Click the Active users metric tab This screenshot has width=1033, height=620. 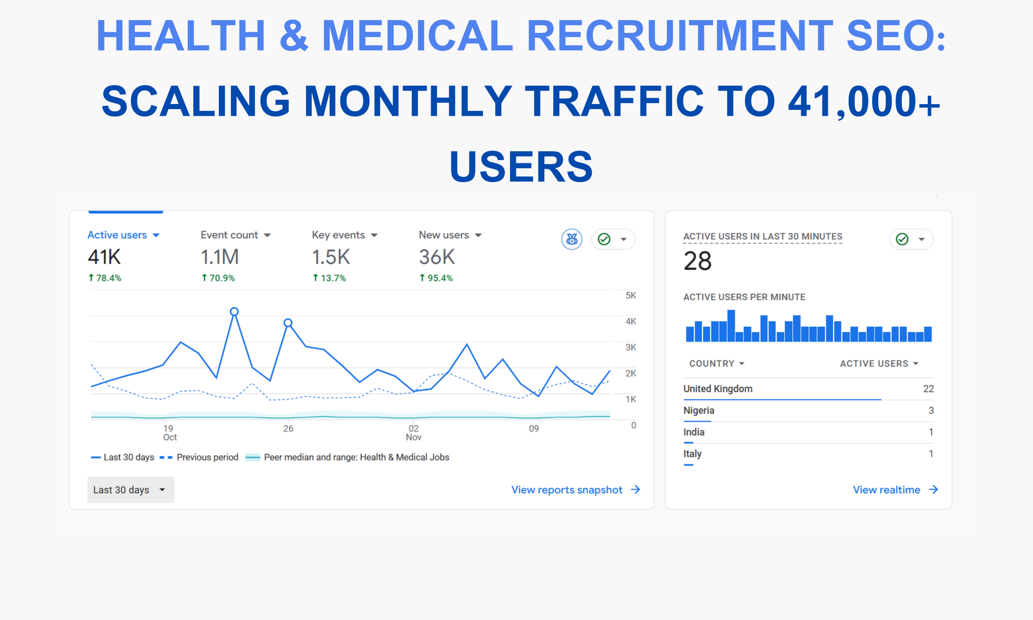[123, 235]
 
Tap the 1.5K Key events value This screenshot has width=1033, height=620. [331, 257]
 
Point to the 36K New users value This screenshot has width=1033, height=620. [436, 257]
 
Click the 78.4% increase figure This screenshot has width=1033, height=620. [105, 278]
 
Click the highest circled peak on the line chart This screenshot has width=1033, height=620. [234, 311]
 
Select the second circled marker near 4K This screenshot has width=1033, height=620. [288, 322]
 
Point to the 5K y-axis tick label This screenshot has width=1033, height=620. [631, 295]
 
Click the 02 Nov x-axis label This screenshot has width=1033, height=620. [413, 433]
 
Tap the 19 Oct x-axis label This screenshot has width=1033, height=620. [169, 433]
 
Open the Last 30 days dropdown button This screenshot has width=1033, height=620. [130, 490]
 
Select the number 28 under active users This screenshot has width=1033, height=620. [697, 261]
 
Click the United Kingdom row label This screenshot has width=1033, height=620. [718, 389]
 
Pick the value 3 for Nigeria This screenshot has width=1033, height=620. [931, 410]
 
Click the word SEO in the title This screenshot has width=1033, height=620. [895, 36]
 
